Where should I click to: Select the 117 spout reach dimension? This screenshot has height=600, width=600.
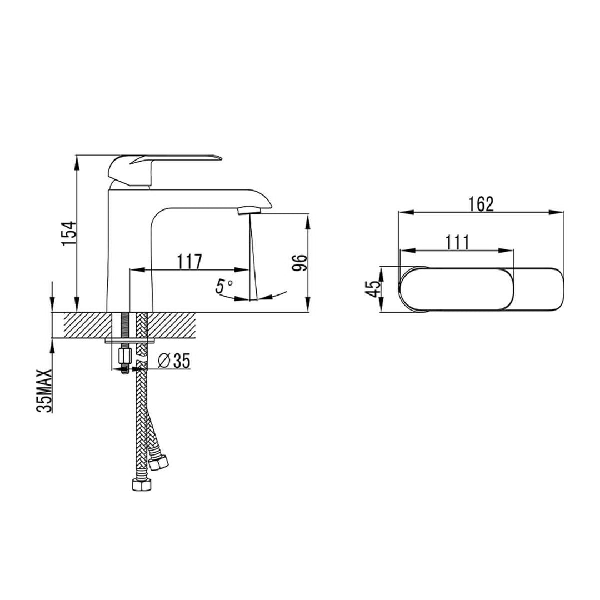click(189, 261)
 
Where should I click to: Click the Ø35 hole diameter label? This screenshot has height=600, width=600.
click(174, 361)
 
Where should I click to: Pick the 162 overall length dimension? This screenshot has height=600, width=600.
click(481, 204)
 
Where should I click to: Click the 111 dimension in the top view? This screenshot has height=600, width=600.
click(457, 242)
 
